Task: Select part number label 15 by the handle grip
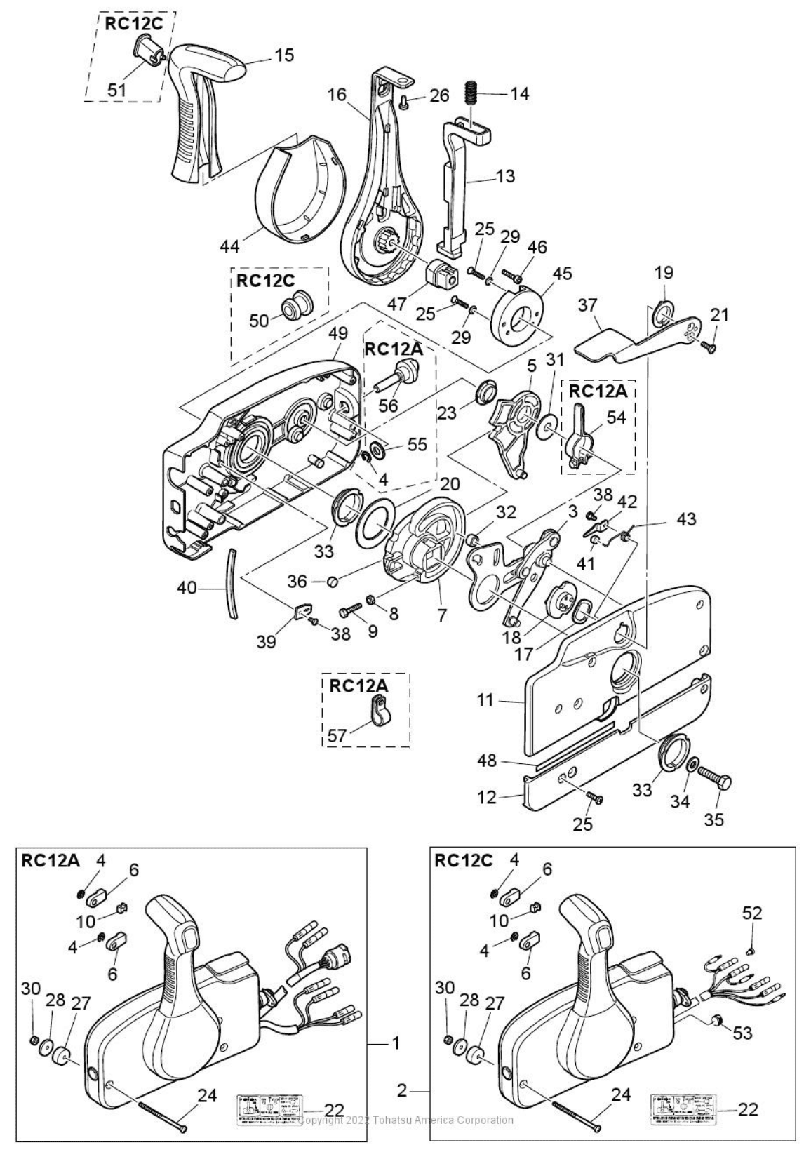(x=284, y=55)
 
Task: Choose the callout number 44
(x=230, y=246)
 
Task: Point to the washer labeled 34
(x=692, y=767)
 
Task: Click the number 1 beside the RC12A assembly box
(x=396, y=1043)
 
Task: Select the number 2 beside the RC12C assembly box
(x=402, y=1091)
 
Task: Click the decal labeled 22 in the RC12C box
(x=684, y=1109)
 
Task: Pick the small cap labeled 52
(x=751, y=951)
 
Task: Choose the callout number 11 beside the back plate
(x=485, y=699)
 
